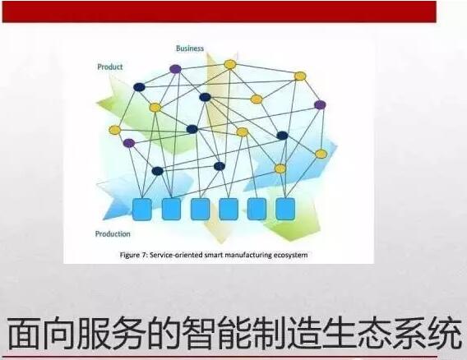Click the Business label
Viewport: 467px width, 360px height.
(x=190, y=48)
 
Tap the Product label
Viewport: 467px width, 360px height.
(x=110, y=67)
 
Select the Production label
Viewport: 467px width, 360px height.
(x=113, y=233)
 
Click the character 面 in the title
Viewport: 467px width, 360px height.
(x=23, y=334)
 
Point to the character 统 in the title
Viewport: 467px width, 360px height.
(x=445, y=334)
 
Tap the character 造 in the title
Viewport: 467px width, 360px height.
(x=303, y=334)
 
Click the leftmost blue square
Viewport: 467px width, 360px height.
(x=141, y=210)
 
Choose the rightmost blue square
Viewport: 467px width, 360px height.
(x=285, y=209)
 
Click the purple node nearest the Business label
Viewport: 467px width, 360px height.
(x=175, y=69)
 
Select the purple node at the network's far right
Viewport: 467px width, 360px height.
(x=320, y=105)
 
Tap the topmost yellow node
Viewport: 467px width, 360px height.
(x=230, y=64)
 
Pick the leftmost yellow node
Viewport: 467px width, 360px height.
(x=114, y=130)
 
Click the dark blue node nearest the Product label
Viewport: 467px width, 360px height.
(x=139, y=87)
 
